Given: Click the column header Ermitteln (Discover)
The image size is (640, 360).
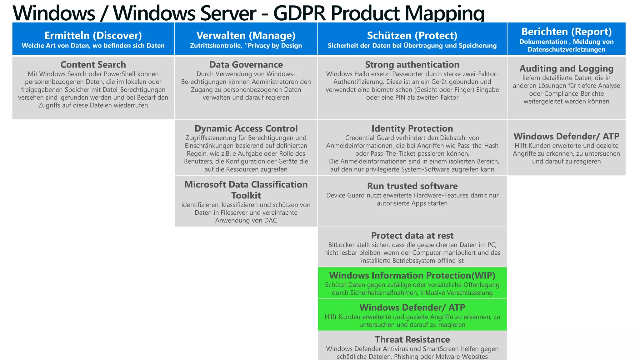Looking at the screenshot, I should [x=93, y=36].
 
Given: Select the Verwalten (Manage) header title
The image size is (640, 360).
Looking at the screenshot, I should [x=246, y=36].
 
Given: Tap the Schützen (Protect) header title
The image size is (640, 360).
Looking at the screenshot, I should [x=412, y=36].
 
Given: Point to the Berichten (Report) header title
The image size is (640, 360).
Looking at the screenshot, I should [x=566, y=32].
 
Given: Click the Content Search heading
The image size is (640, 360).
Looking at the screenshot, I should [x=93, y=65].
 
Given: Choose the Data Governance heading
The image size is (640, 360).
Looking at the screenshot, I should [x=246, y=65].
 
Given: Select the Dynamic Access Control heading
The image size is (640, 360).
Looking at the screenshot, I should [x=246, y=128].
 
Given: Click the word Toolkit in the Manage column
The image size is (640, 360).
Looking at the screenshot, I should [x=246, y=195].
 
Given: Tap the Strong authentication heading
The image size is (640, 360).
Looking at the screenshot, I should [x=412, y=65].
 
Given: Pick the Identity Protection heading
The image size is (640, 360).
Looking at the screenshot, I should [x=412, y=128].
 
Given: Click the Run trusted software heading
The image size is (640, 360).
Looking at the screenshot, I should [x=412, y=186].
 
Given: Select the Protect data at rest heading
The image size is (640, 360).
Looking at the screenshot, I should [x=412, y=236].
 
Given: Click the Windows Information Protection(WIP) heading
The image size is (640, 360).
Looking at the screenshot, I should [x=412, y=275].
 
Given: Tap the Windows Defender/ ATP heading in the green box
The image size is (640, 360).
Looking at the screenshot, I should [x=412, y=307].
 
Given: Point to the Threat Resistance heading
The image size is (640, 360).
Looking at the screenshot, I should [x=412, y=339].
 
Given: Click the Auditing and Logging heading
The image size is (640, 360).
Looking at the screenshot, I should [x=566, y=68].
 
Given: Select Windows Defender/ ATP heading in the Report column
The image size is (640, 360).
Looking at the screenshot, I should [x=566, y=136].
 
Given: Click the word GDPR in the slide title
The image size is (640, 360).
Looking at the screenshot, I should [x=300, y=13].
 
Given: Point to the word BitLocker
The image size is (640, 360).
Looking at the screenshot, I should [x=341, y=245].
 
